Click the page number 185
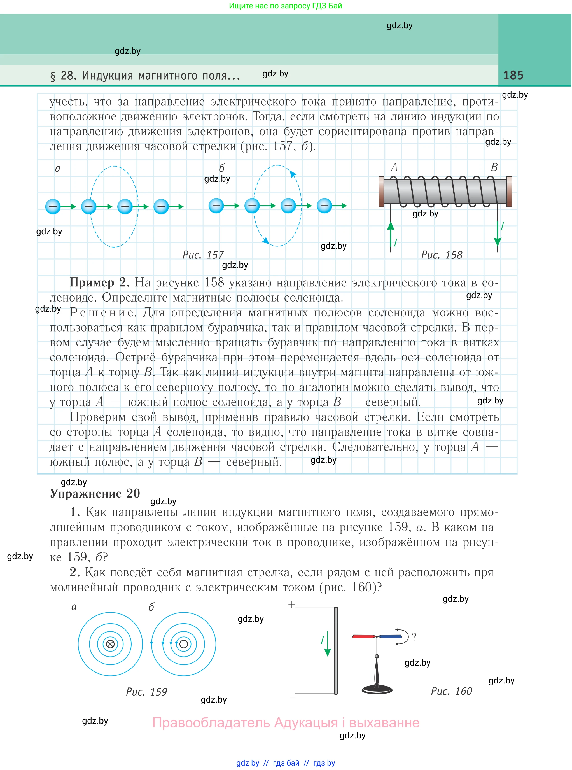pos(513,75)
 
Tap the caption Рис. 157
pos(203,255)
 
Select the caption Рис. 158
pos(442,255)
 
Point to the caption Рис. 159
pos(146,691)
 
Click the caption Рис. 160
pos(451,691)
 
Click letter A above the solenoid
pos(394,167)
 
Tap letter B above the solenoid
pos(494,167)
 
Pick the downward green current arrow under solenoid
pos(498,237)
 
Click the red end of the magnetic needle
pos(363,636)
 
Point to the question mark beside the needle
pos(414,636)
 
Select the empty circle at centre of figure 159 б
pos(183,644)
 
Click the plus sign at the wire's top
pos(291,605)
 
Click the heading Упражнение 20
pos(95,493)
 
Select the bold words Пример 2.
pos(100,283)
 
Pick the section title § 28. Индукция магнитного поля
pos(145,76)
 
